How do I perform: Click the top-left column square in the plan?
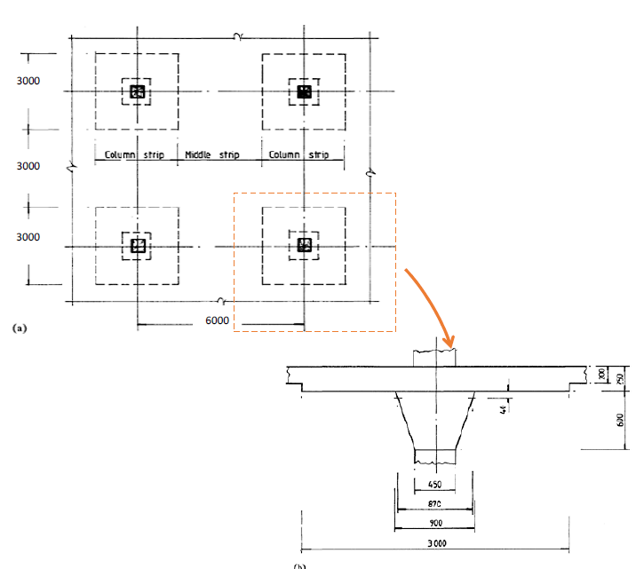point(137,91)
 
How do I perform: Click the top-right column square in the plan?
point(304,91)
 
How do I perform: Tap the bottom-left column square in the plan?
point(137,246)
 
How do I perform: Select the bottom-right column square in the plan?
point(304,245)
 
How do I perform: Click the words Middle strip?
point(211,155)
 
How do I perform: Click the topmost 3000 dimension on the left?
point(28,82)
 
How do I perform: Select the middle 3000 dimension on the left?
point(28,166)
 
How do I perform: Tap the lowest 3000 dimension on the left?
point(28,237)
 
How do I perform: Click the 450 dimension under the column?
point(435,486)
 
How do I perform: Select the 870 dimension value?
point(435,504)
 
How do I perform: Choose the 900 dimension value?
point(435,522)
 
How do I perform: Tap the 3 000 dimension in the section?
point(435,543)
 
